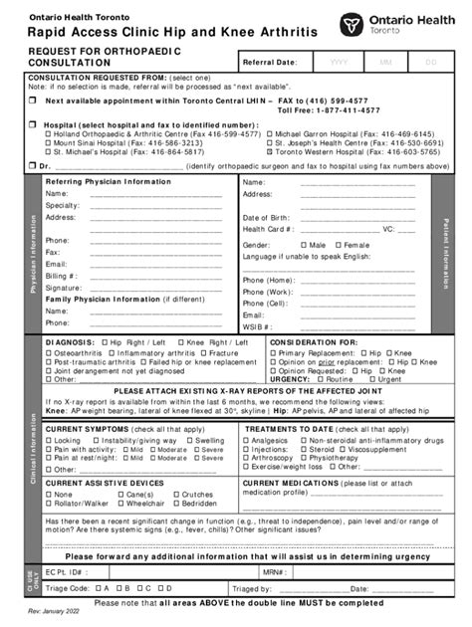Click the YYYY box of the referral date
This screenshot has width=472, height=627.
339,62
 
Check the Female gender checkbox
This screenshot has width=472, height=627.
338,245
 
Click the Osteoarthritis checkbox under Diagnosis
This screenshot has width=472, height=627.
49,353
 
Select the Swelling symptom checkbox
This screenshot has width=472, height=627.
190,440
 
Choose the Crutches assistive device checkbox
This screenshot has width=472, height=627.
175,495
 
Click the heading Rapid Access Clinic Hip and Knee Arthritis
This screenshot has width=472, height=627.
173,33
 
